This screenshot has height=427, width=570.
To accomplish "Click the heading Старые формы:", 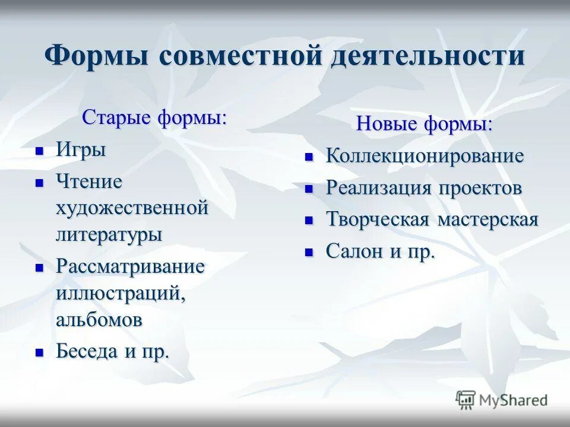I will (x=154, y=117).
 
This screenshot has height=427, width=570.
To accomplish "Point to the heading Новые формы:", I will (x=424, y=125).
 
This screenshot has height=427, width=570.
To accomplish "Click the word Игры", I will (x=81, y=150).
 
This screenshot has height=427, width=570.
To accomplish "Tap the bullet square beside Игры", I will (x=40, y=151).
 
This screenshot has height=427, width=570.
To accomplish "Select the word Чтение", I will (x=89, y=181).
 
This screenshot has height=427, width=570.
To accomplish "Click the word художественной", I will (x=132, y=208).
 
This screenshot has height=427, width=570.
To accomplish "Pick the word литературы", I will (x=109, y=234).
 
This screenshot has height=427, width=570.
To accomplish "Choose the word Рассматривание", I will (x=130, y=266).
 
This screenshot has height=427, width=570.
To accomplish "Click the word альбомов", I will (x=99, y=320).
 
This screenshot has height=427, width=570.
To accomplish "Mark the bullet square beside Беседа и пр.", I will (x=40, y=352).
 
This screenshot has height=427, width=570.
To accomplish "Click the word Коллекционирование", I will (x=425, y=157).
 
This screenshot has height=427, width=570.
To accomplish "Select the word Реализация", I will (x=379, y=189).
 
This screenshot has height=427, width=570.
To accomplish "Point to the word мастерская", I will (x=487, y=220).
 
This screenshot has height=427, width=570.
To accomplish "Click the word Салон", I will (x=354, y=251).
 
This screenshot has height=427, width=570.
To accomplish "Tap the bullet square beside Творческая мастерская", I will (x=309, y=221).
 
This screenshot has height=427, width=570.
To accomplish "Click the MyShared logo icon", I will (x=465, y=400).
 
